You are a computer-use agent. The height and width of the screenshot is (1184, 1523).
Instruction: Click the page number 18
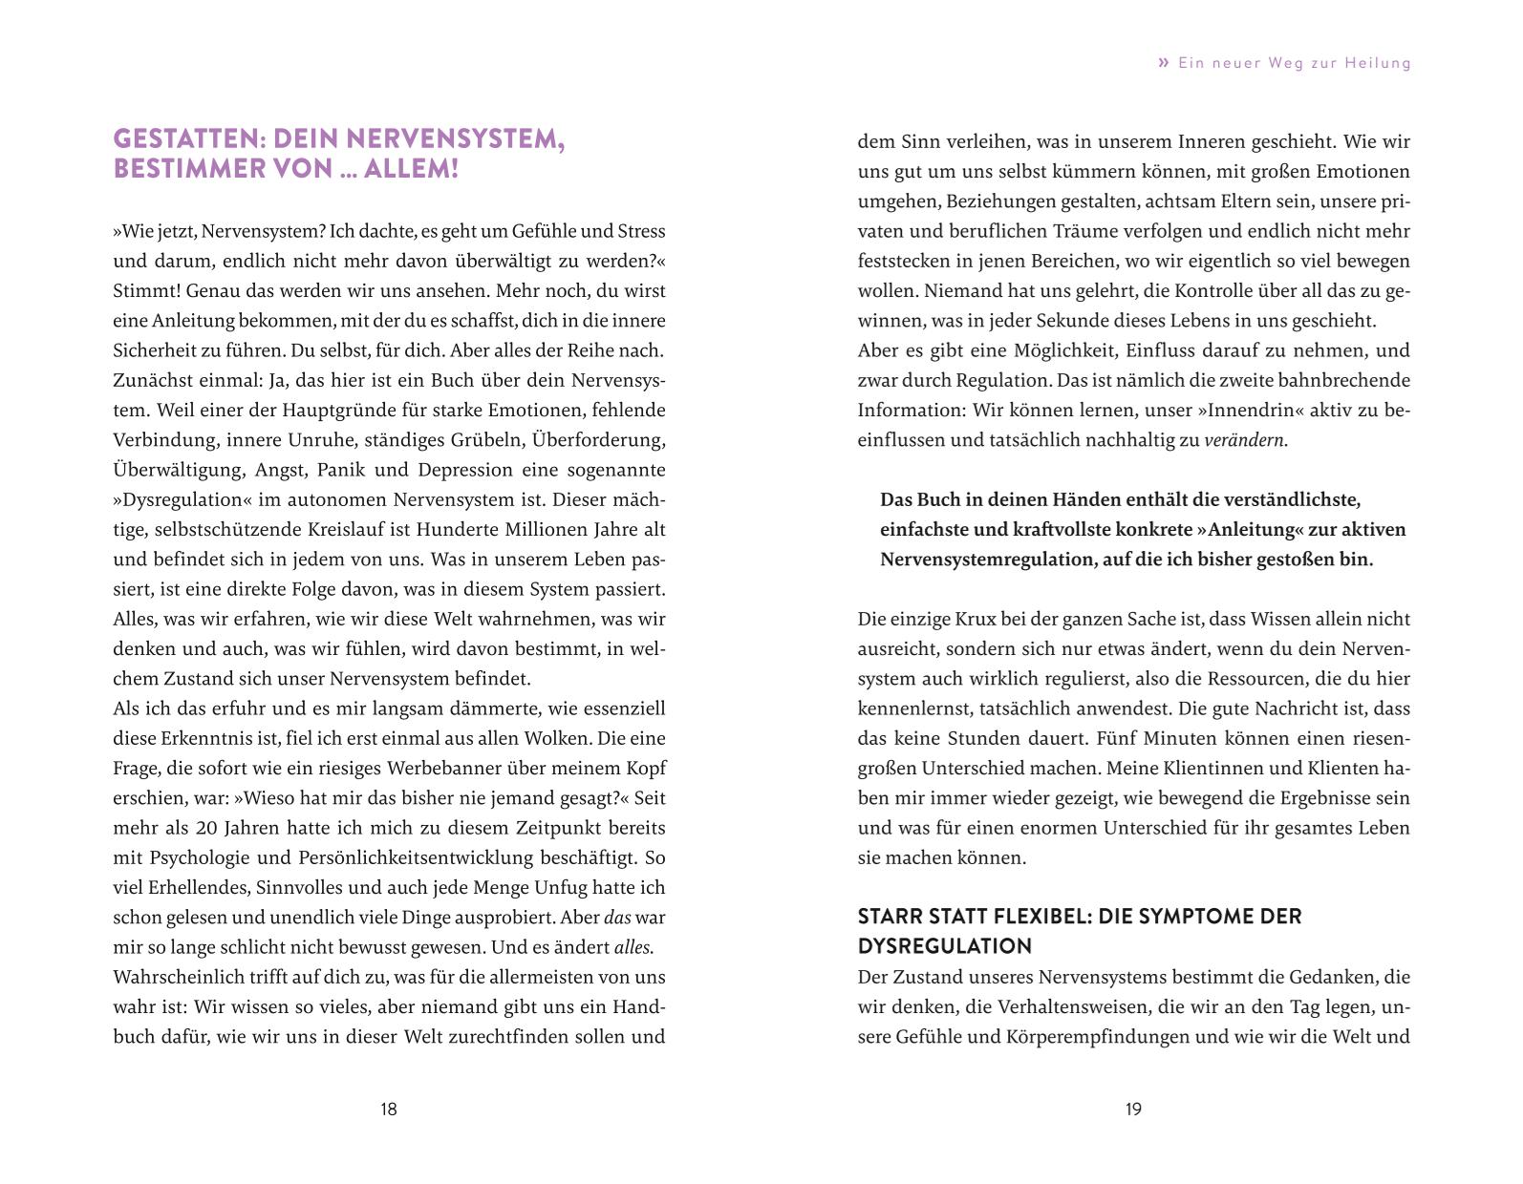click(x=388, y=1109)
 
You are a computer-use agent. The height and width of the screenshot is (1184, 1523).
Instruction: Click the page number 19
click(x=1133, y=1109)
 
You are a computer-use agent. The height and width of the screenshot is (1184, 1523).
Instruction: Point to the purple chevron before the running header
click(x=1163, y=63)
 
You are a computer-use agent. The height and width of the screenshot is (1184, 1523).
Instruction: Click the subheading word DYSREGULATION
click(x=945, y=946)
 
